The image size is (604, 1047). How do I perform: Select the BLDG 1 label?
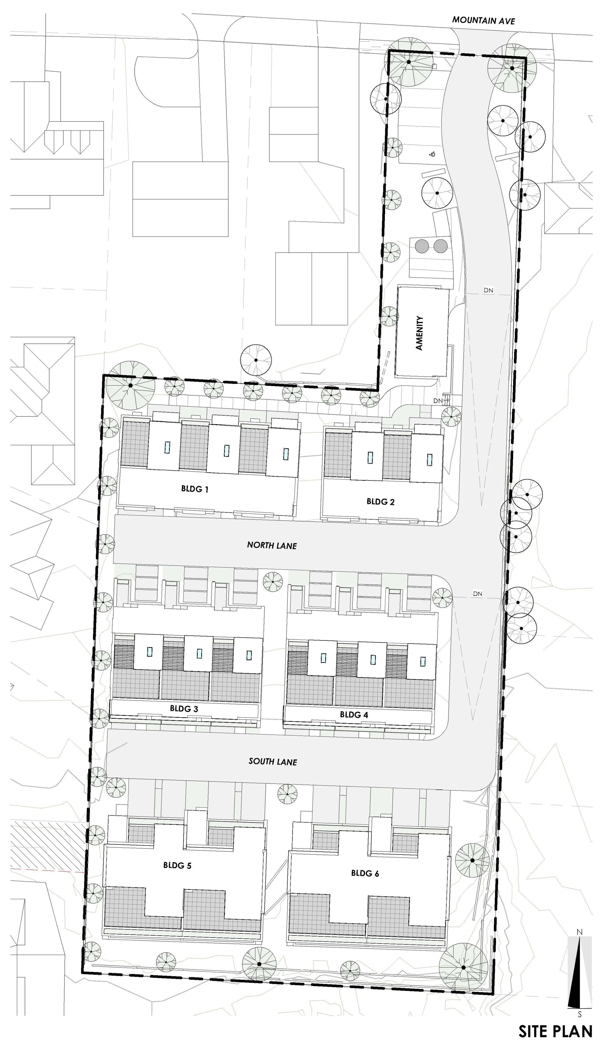pyautogui.click(x=194, y=489)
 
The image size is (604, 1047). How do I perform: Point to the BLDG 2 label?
pyautogui.click(x=381, y=502)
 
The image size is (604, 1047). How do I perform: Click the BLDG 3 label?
pyautogui.click(x=184, y=709)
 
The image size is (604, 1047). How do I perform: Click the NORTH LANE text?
pyautogui.click(x=272, y=545)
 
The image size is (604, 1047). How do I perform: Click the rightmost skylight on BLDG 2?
pyautogui.click(x=429, y=460)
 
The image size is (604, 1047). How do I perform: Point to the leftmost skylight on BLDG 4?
pyautogui.click(x=323, y=658)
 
